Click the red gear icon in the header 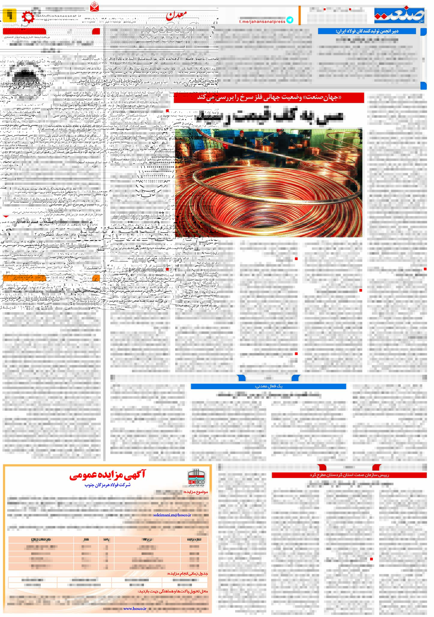click(28, 17)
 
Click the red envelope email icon click(94, 6)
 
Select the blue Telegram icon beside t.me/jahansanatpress click(289, 20)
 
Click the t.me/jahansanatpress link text click(262, 22)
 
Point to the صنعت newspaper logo click(400, 16)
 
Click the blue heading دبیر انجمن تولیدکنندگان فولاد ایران click(367, 31)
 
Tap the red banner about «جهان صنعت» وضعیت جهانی click(269, 98)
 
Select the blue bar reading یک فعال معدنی click(268, 386)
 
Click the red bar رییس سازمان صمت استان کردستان click(349, 475)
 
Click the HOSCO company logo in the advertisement click(196, 478)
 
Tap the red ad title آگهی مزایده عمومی click(107, 475)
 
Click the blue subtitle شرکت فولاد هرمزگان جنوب click(108, 485)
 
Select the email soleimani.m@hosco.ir click(172, 515)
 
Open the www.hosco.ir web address click(135, 608)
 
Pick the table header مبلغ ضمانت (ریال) click(41, 540)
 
